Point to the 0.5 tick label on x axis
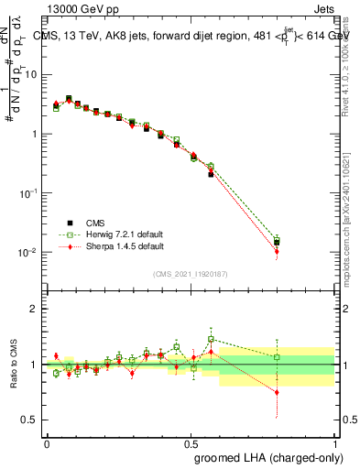[191, 442]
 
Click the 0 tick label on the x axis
[47, 442]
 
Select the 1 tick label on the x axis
[334, 442]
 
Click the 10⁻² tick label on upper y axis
[28, 253]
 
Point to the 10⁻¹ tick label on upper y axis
[28, 193]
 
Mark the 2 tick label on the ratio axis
[36, 309]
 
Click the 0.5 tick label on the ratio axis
[32, 420]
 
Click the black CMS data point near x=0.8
[277, 243]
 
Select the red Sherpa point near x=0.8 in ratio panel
[277, 392]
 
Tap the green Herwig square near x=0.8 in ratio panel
[277, 357]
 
